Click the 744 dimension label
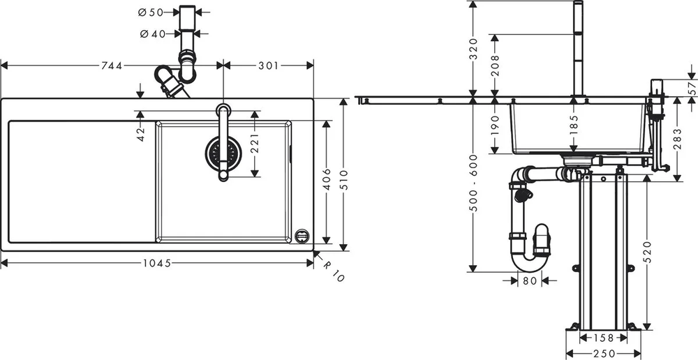(111, 66)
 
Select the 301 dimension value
(269, 66)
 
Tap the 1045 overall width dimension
(157, 263)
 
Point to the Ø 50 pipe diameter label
(151, 13)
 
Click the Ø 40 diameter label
(153, 33)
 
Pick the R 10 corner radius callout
(333, 271)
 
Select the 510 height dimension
(343, 179)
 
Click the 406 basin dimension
(327, 179)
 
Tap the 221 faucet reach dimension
(255, 143)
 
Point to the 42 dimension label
(141, 135)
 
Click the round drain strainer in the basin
(223, 153)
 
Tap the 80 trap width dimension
(530, 280)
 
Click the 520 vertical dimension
(647, 251)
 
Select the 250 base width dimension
(604, 354)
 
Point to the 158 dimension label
(604, 338)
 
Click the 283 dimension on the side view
(678, 138)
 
